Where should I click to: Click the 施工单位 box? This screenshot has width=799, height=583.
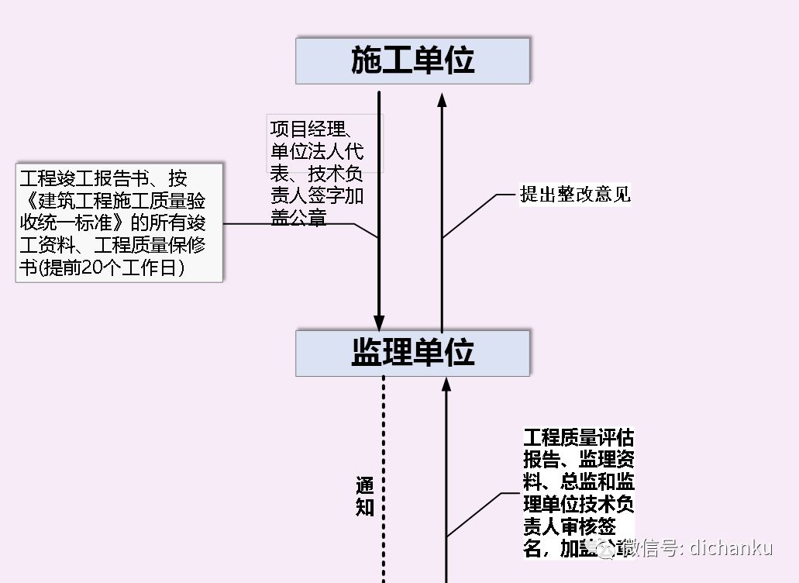[x=412, y=60]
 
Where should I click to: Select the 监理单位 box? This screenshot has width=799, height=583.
[x=412, y=353]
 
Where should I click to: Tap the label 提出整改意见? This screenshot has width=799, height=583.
[x=575, y=195]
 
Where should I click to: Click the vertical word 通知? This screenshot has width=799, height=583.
[x=365, y=497]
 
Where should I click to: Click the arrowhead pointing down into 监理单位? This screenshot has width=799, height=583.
[x=379, y=323]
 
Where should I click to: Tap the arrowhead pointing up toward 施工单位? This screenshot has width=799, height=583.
[x=443, y=98]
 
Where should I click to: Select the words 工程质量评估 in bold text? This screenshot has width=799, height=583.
[x=578, y=438]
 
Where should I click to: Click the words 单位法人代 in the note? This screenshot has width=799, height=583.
[x=316, y=151]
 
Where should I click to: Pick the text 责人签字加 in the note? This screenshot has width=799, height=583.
[x=316, y=196]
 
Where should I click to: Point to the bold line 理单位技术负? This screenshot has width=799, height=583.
[x=578, y=503]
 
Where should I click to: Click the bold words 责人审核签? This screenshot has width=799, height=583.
[x=570, y=526]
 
